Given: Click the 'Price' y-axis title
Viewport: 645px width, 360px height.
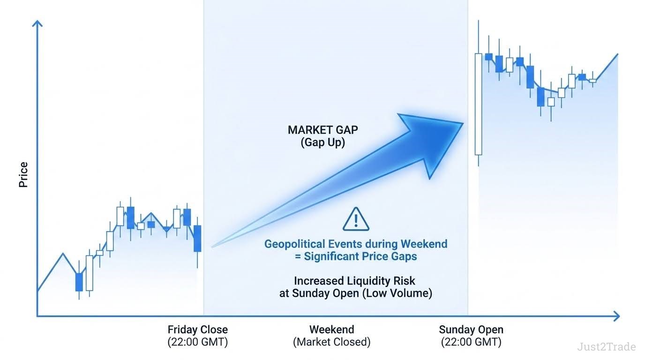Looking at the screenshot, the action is tap(23, 174).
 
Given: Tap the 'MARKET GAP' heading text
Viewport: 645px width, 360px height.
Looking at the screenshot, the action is tap(323, 130).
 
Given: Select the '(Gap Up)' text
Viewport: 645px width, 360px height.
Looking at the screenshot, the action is tap(323, 142).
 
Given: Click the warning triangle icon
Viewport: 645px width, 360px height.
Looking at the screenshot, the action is tap(356, 219).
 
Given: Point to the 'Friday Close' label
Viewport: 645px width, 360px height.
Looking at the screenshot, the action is tap(197, 330).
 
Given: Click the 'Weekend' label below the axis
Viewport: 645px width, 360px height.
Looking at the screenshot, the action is tap(332, 330).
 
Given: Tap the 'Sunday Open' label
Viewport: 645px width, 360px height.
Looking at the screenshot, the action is tap(471, 330).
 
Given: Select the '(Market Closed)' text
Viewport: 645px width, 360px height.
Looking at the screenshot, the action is tap(332, 342).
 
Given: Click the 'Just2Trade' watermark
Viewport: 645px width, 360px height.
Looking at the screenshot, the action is tap(607, 347).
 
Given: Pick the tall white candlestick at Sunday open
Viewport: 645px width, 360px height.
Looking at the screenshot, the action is tap(478, 104).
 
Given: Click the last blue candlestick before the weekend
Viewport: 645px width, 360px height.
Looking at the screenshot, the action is tap(197, 239).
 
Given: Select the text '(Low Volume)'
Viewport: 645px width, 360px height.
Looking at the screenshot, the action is tap(397, 293).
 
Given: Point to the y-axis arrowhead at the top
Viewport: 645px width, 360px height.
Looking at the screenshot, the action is tap(37, 23).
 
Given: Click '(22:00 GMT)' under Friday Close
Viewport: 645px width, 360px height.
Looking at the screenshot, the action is tap(197, 342).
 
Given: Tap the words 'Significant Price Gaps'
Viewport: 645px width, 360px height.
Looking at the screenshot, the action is tap(360, 256).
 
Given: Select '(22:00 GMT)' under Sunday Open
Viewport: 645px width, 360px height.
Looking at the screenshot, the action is tap(471, 342).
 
